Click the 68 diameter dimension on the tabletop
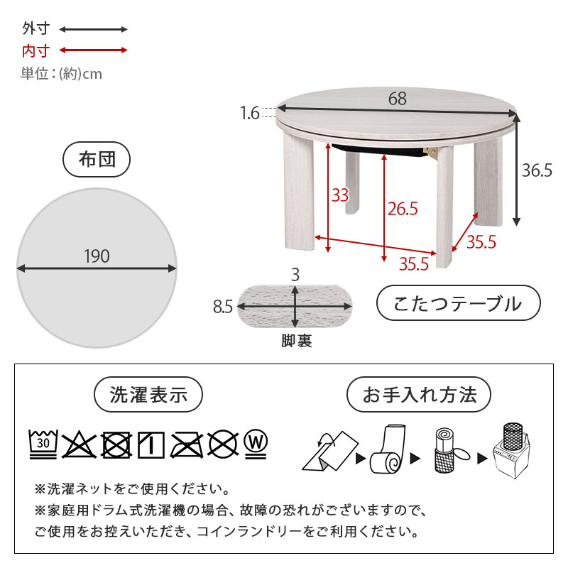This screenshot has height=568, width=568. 398,99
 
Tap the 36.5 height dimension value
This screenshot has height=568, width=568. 537,171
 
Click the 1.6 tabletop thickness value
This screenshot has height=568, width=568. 249,113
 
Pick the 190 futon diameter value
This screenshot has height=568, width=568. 97,256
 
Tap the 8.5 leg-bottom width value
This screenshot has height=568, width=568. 222,307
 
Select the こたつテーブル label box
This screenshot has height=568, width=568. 458,304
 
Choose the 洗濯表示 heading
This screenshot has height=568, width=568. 149,395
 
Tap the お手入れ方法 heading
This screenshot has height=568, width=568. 420,395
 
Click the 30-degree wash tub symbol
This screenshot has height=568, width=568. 44,444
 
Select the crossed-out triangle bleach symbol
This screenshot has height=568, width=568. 79,444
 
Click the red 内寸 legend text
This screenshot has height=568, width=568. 35,50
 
